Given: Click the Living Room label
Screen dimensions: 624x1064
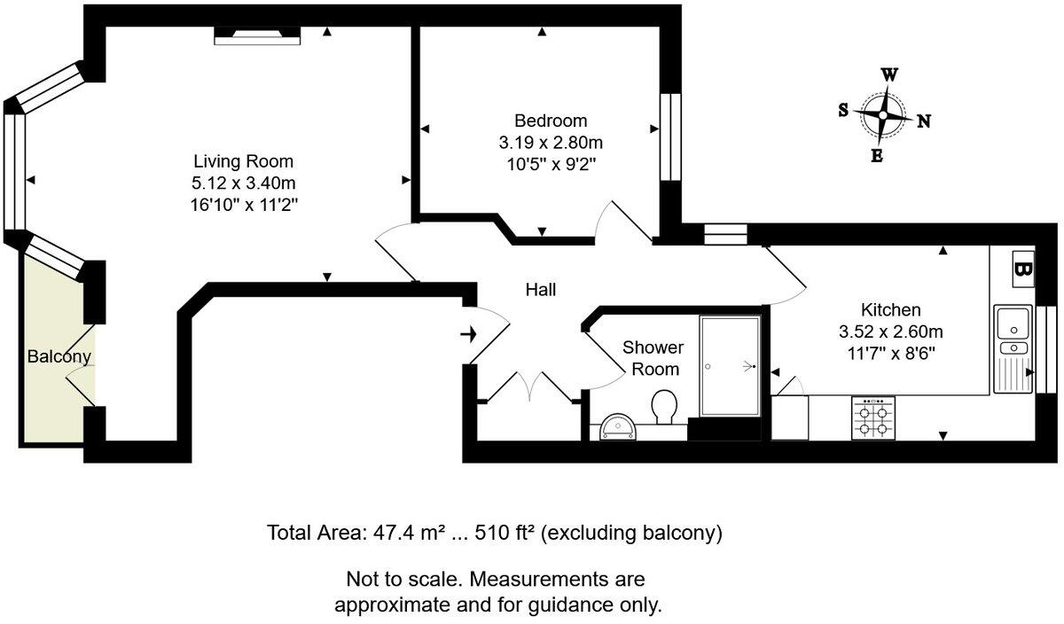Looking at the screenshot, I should point(243,161).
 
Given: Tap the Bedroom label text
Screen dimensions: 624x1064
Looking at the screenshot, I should point(551,121).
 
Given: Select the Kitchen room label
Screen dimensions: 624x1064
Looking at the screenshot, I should point(890,310).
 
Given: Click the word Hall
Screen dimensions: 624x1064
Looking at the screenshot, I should point(540,289).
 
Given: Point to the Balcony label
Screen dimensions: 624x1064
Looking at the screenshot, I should point(59,357).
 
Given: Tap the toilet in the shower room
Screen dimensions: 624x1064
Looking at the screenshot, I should point(663,409).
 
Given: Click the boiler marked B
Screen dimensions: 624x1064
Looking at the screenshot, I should point(1022,267).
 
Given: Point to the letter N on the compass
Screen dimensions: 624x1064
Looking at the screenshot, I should point(923,121).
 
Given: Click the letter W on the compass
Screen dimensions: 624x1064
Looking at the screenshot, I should point(888,75).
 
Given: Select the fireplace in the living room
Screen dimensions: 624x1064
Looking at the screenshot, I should point(258,35).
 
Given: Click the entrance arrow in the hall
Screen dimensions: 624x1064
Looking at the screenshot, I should point(469,334).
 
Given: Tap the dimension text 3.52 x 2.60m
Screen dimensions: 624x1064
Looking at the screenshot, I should point(890,332).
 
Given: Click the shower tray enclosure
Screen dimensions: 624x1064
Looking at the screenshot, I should point(729,365).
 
